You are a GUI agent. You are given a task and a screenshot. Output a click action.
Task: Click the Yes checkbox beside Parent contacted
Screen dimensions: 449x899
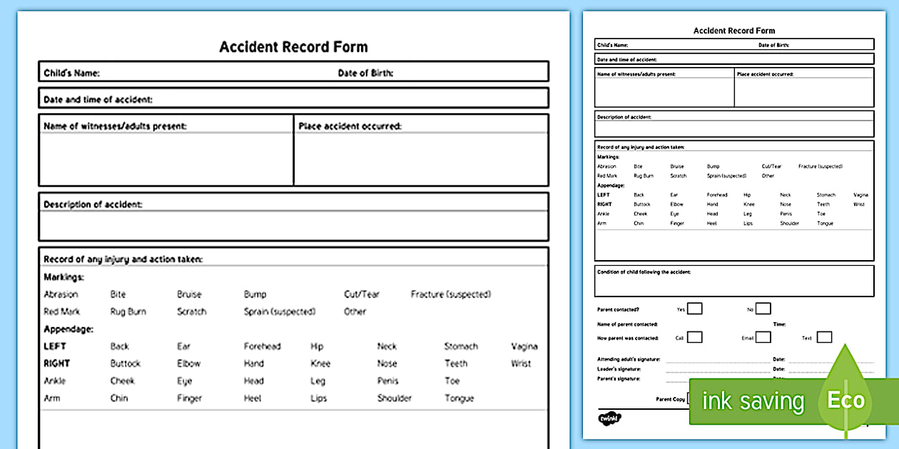[694, 309]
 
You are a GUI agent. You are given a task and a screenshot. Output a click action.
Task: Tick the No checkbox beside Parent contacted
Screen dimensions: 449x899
[763, 309]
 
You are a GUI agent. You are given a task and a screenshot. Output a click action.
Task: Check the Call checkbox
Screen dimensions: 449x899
[694, 337]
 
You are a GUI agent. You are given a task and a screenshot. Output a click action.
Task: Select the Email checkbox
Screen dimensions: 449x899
[763, 337]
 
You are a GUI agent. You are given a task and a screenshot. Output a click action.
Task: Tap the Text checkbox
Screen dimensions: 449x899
[824, 337]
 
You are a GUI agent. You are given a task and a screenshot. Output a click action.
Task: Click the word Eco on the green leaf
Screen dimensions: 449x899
[845, 401]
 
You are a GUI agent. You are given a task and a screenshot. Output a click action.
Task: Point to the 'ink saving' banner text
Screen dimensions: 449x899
[753, 402]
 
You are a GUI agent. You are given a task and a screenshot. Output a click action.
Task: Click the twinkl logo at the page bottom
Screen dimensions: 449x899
[608, 418]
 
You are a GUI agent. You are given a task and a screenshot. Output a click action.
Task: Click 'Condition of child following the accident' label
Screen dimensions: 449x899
[644, 272]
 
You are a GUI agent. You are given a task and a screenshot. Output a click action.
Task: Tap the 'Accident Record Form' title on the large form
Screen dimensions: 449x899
[293, 47]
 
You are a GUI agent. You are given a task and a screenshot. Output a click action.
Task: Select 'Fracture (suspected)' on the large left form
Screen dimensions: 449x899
[451, 294]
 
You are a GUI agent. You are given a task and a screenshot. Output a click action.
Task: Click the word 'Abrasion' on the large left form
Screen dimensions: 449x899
[61, 294]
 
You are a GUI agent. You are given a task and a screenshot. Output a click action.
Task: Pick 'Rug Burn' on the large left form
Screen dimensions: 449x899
[128, 311]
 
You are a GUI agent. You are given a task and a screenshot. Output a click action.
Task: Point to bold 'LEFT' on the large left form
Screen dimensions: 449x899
[55, 346]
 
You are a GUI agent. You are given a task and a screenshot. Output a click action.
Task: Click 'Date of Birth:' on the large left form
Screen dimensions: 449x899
[365, 73]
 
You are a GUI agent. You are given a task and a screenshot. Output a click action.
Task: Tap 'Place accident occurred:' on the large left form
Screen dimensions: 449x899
[350, 126]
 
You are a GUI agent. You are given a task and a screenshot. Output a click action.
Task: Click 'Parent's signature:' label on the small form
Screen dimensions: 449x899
[618, 378]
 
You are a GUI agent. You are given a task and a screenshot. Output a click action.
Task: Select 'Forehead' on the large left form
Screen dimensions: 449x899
[262, 346]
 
